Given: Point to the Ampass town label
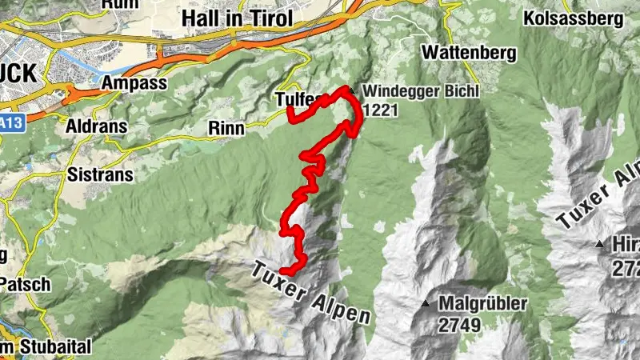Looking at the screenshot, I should pyautogui.click(x=134, y=83).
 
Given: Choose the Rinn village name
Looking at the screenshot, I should pyautogui.click(x=226, y=127).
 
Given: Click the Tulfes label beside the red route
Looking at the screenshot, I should pyautogui.click(x=300, y=99).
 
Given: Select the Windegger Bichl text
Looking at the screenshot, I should pyautogui.click(x=420, y=91).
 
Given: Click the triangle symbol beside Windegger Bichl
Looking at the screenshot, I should pyautogui.click(x=349, y=89).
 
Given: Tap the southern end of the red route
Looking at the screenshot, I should pyautogui.click(x=281, y=274).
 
